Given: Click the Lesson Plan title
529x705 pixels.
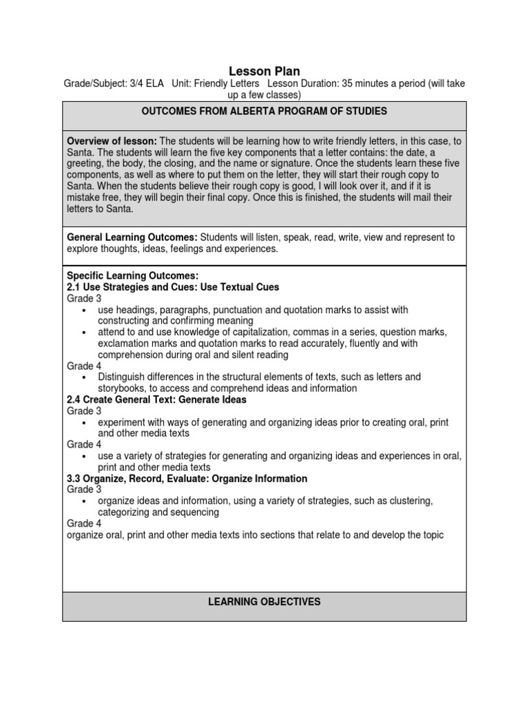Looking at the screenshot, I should click(x=264, y=71).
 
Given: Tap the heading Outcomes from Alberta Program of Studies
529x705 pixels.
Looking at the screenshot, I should click(x=264, y=111).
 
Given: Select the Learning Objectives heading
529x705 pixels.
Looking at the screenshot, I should click(x=264, y=602).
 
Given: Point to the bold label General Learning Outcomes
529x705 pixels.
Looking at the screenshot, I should click(x=132, y=237).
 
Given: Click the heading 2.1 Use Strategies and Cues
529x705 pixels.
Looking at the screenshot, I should click(x=173, y=287).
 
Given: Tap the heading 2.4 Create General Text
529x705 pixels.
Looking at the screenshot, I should click(x=156, y=399).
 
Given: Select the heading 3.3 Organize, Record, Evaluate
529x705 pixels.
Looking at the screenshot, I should click(x=187, y=478).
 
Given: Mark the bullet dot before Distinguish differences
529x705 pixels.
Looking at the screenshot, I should click(x=83, y=378).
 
